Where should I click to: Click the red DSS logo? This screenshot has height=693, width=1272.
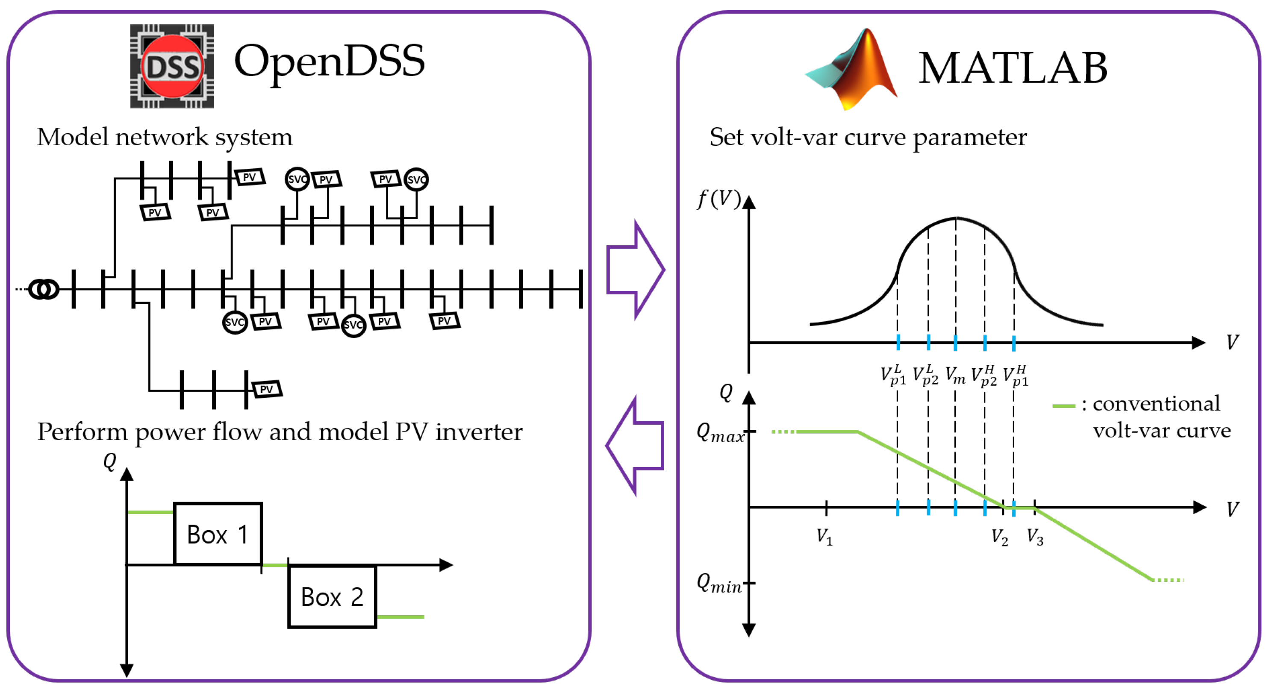point(172,66)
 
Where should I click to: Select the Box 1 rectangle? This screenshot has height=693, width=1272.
point(218,534)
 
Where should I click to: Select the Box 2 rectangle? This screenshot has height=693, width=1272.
point(332,596)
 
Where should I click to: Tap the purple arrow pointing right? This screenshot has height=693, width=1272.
point(636,270)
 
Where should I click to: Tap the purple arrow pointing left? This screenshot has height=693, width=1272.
point(635,445)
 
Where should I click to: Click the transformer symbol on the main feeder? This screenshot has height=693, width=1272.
point(44,289)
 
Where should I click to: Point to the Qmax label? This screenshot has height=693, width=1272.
point(720,433)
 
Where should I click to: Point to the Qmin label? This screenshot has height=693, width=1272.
point(719,584)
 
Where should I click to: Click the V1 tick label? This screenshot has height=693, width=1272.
point(824,537)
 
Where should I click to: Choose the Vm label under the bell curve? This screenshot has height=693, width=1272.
point(955,375)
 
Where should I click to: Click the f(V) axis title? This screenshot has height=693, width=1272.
point(718,199)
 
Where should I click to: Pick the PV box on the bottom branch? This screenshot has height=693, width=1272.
point(267,389)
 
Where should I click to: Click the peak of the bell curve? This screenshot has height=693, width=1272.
point(956,217)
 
